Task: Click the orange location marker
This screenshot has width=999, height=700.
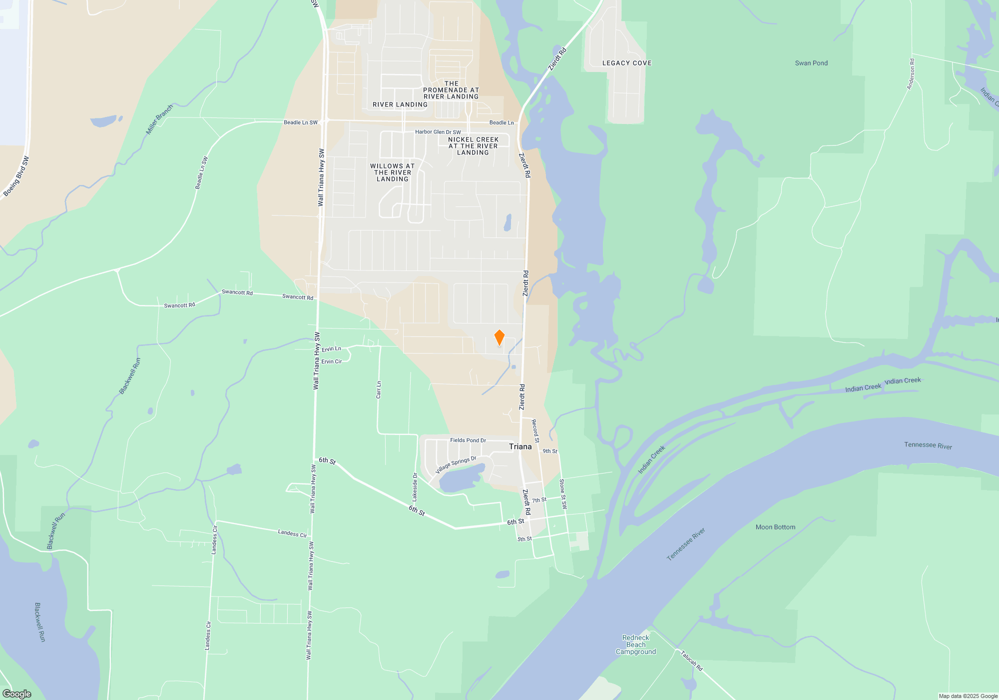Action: tap(499, 337)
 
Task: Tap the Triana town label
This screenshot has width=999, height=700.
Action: tap(520, 446)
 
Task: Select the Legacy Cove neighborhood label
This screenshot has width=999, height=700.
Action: tap(627, 63)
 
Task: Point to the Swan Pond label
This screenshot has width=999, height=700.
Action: tap(811, 63)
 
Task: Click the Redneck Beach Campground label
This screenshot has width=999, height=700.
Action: tap(635, 644)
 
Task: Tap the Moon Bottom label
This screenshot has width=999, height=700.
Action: tap(775, 527)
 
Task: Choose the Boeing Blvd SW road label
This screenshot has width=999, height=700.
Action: tap(16, 176)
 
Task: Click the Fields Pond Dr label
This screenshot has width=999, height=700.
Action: tap(468, 440)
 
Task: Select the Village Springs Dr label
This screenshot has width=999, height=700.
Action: tap(456, 464)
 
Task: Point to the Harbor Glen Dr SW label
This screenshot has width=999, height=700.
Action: tap(438, 132)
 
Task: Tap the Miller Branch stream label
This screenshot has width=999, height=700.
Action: tap(159, 119)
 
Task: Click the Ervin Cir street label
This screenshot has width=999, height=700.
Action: tap(331, 361)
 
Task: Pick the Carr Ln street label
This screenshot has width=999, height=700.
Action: tap(379, 390)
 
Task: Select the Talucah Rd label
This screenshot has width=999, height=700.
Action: tap(691, 660)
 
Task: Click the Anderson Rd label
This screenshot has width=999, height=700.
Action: tap(911, 74)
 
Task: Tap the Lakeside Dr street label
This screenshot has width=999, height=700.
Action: tap(415, 487)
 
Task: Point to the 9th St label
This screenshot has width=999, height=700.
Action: tap(550, 451)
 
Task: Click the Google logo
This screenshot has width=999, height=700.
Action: tap(17, 694)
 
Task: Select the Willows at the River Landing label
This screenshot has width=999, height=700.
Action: tap(393, 172)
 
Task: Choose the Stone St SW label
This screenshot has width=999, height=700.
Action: tap(563, 494)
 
